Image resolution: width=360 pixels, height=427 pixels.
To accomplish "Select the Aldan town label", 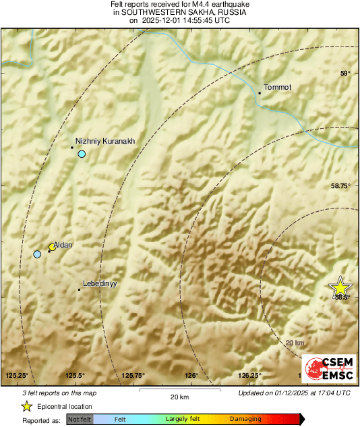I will click(x=63, y=244).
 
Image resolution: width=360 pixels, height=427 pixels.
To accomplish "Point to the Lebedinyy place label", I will click(x=100, y=284).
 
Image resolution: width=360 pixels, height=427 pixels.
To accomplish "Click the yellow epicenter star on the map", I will click(x=340, y=286).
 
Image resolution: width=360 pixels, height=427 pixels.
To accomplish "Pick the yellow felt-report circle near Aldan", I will click(x=52, y=247).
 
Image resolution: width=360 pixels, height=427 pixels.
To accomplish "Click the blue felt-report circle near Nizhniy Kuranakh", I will click(x=82, y=154).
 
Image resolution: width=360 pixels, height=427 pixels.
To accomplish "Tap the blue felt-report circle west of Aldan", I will click(x=37, y=254).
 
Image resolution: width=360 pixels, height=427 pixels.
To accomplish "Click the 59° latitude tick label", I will click(x=344, y=74).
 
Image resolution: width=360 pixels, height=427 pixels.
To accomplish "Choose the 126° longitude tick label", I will click(x=191, y=375).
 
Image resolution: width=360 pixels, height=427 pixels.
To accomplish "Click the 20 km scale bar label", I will click(x=179, y=396).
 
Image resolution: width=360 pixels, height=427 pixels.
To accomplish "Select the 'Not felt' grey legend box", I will click(x=80, y=419).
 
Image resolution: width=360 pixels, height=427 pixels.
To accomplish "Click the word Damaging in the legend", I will click(x=245, y=419).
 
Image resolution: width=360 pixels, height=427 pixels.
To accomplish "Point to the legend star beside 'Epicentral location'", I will click(x=26, y=406).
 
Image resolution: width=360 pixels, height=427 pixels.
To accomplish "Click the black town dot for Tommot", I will click(x=260, y=93).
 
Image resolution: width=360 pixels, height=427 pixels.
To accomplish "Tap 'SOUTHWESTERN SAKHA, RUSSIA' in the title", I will click(x=179, y=12).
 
